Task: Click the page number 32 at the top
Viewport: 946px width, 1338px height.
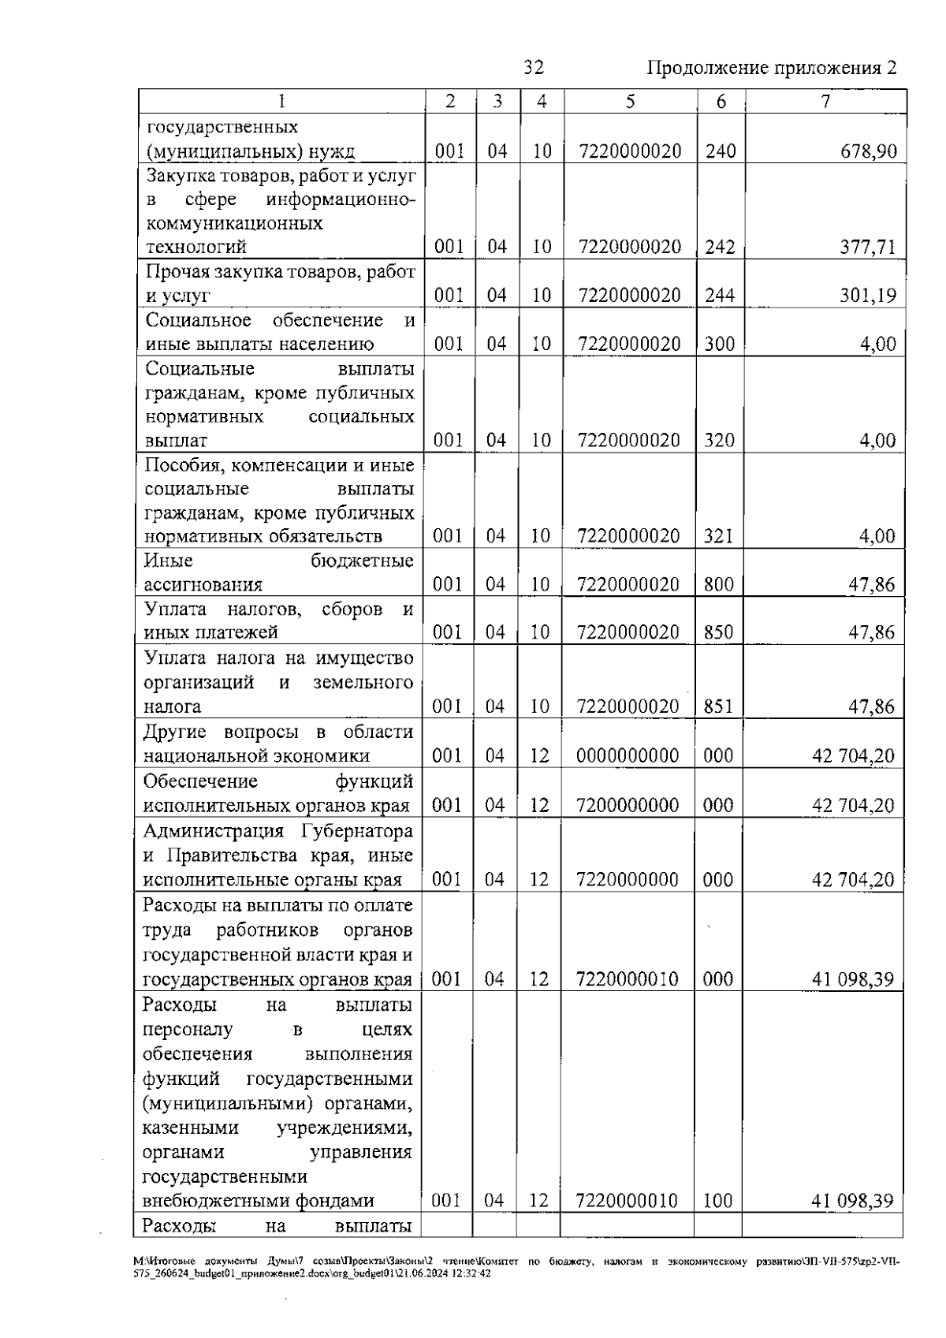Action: [x=534, y=68]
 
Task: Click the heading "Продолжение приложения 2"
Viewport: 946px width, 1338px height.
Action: [x=772, y=68]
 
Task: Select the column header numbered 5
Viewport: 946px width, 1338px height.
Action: [x=630, y=102]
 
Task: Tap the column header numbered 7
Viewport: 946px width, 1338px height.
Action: [x=825, y=102]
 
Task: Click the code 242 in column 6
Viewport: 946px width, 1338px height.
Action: [x=720, y=247]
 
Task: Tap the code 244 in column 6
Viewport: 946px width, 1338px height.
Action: [x=720, y=296]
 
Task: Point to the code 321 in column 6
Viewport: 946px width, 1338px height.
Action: [x=719, y=537]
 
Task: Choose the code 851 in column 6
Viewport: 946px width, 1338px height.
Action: [x=718, y=706]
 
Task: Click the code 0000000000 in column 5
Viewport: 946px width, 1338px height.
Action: [x=628, y=756]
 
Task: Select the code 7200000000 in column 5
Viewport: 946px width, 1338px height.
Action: [x=628, y=805]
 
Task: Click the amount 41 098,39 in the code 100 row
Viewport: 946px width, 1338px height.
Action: [x=853, y=1201]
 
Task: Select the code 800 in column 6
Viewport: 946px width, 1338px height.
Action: [x=719, y=585]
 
